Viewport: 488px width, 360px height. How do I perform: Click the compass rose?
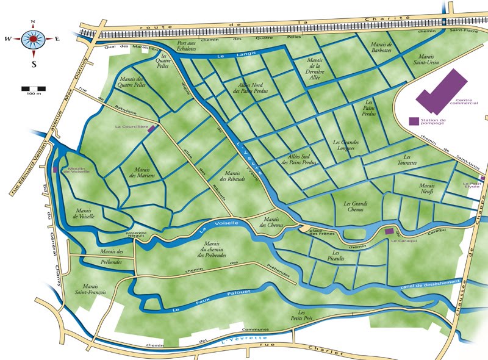coord(32,39)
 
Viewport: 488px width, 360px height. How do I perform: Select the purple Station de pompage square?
coord(414,121)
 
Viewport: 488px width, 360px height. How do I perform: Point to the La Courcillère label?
coord(131,127)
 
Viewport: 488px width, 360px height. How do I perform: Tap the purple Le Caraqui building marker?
coord(389,231)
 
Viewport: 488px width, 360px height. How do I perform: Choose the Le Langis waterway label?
coord(226,55)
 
